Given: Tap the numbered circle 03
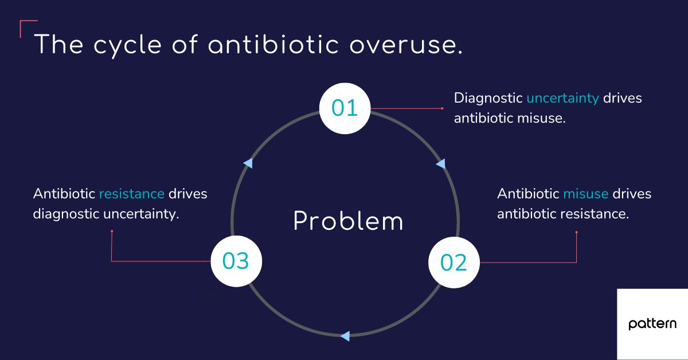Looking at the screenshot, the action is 236,261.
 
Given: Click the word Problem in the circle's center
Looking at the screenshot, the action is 348,222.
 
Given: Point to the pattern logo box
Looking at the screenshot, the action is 652,324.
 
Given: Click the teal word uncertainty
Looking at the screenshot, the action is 562,98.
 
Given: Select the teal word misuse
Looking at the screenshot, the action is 585,194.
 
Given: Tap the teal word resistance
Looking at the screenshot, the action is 131,194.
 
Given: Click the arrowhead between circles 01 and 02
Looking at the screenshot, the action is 440,164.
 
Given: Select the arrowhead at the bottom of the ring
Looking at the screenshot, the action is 345,336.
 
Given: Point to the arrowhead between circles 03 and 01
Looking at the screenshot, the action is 248,163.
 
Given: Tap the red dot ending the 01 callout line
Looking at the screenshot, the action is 442,108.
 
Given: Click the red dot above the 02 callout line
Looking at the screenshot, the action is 576,232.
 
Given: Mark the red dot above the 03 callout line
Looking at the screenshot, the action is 112,232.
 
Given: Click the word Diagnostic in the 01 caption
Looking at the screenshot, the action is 488,98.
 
